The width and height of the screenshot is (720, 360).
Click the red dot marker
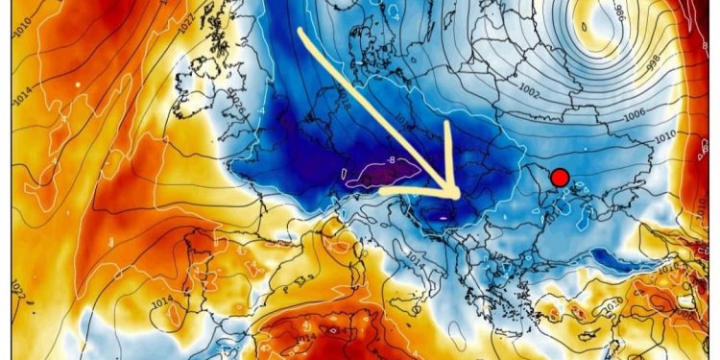[561, 177]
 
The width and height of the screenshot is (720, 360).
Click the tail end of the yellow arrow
[301, 29]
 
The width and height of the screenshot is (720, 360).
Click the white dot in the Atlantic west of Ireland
[76, 84]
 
